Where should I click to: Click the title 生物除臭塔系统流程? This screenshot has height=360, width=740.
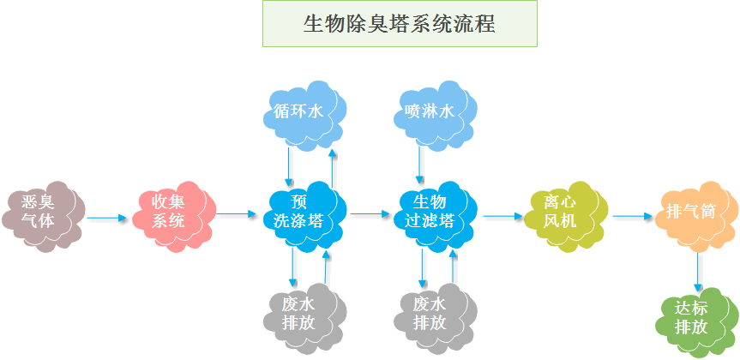(400, 23)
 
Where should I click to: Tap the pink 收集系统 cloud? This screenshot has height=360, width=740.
(171, 211)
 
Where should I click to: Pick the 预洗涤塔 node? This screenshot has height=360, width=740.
(299, 211)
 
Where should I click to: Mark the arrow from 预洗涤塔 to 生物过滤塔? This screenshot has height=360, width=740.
(370, 213)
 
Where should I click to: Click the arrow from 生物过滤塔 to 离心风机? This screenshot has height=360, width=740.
(502, 216)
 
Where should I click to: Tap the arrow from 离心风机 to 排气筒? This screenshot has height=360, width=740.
(633, 217)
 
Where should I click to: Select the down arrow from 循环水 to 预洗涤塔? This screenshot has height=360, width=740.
(290, 165)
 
